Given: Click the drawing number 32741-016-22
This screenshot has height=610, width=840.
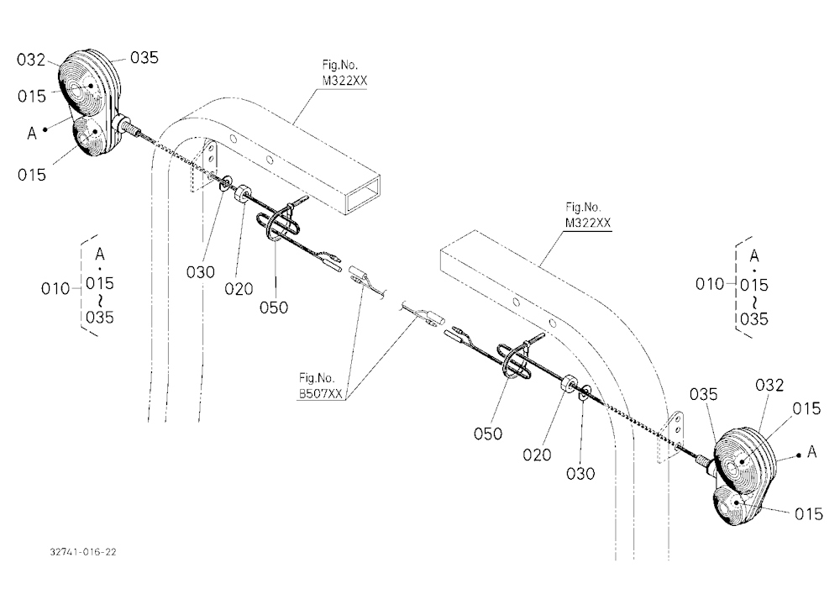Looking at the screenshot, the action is point(83,552).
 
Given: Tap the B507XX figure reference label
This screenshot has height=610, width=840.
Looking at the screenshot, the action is point(320,394).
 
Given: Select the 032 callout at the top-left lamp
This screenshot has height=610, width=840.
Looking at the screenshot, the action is point(31,60).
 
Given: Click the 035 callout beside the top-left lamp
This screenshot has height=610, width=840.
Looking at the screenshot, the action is point(144,57).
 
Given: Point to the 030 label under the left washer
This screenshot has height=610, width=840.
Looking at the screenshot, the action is point(201,272).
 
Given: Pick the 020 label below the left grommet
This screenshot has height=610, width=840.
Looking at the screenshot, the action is point(239,289).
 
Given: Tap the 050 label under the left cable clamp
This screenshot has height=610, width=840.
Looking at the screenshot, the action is point(274,308).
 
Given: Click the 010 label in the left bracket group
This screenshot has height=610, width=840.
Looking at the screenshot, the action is point(55,289).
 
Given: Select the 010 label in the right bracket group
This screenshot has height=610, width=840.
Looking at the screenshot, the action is point(710,283).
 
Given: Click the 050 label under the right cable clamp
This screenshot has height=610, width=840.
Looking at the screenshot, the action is point(488,434).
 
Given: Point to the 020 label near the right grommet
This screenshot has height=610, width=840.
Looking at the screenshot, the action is point(537,455).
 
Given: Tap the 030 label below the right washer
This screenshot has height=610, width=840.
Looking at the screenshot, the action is point(580,474).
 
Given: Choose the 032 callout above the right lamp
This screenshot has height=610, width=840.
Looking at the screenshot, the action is point(769,385).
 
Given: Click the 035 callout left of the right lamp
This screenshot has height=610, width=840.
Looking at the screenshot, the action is point(703,395).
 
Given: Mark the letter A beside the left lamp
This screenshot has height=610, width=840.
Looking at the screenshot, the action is point(32,133).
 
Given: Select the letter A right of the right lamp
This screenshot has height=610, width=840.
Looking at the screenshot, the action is point(812,452).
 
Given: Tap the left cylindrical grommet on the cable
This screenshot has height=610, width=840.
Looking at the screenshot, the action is point(243,193).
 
